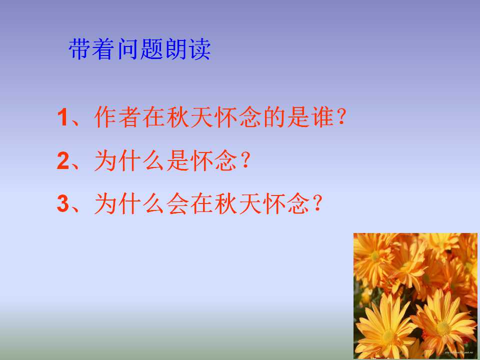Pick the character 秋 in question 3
click(226, 203)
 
